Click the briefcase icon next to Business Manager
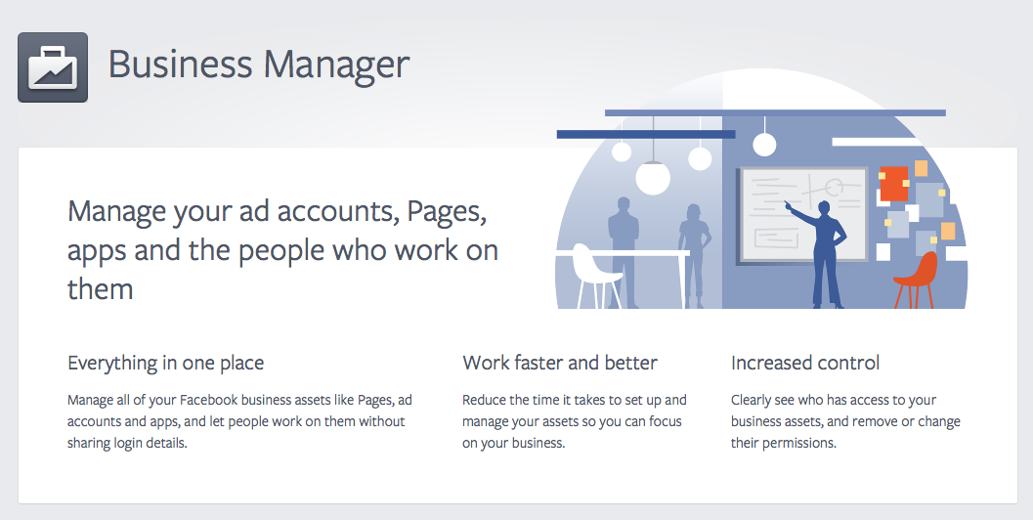pos(53,67)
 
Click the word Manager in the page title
pos(337,65)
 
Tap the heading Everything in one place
pos(165,363)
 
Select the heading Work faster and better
pos(560,363)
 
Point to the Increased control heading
pos(805,363)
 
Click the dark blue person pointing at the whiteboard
pos(827,249)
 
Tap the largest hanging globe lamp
pos(653,177)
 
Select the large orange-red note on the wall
pos(894,184)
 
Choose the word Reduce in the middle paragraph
pos(484,400)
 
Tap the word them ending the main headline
pos(100,289)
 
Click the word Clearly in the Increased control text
pos(753,400)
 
